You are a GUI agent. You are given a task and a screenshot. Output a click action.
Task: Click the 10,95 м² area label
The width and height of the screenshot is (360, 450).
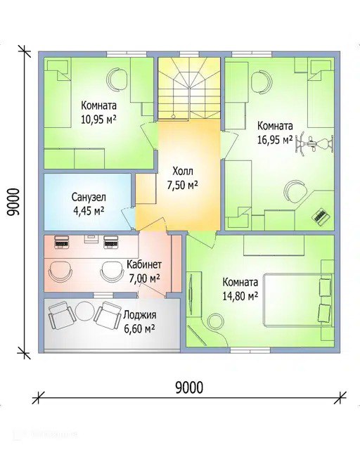pos(98,119)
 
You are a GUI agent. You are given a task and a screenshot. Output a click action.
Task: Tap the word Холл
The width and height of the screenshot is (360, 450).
pos(183,172)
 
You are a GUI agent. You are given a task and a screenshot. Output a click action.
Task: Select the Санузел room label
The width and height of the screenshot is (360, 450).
pos(89,198)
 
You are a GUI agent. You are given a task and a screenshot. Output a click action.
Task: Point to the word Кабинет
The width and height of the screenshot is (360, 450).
pos(144,264)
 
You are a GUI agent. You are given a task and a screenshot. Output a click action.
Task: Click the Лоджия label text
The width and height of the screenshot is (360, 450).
pos(140,315)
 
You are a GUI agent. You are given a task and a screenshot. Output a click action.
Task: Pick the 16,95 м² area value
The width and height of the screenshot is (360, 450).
pos(275,140)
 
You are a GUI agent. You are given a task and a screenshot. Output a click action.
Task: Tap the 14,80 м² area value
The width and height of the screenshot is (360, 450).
pos(240,295)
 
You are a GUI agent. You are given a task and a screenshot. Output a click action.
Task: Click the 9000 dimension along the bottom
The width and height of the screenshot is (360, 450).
pos(189,387)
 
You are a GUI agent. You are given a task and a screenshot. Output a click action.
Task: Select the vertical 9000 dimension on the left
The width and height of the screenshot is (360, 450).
pos(13,202)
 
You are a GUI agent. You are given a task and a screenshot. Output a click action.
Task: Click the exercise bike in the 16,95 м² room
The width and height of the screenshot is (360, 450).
pos(314,143)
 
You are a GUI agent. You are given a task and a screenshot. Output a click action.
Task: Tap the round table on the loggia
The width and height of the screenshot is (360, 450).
pos(84,311)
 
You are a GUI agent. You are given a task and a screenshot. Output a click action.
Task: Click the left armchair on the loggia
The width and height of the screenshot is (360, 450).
pos(60,316)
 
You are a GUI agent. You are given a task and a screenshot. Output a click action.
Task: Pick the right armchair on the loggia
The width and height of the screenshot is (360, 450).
pos(108,316)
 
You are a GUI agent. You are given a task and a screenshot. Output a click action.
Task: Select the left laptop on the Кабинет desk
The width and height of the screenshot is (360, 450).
pos(61,242)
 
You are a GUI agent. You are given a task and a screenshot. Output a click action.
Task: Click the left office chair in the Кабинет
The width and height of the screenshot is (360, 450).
pos(60,271)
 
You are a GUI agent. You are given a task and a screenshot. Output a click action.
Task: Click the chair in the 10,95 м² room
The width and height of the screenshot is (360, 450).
pos(117,79)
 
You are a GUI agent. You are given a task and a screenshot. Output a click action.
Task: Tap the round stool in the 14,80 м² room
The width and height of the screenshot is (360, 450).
pos(216,321)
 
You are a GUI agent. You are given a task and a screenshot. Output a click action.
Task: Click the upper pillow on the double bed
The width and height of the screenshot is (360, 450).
pos(326,287)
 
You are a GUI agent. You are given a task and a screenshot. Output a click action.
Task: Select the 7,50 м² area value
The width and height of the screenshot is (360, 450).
pos(183,185)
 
